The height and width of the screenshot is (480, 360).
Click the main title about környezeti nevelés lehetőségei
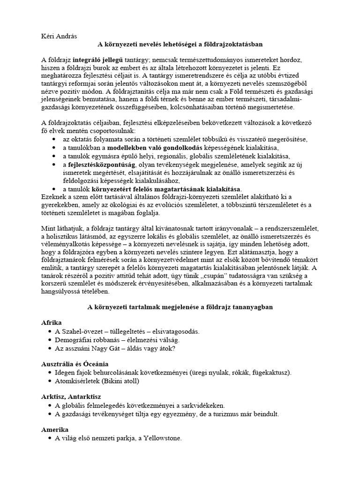coord(180,45)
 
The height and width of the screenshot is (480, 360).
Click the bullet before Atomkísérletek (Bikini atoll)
coord(50,381)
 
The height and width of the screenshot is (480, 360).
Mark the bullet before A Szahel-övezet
coord(50,331)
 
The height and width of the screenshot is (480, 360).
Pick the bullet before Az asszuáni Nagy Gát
coord(50,348)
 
